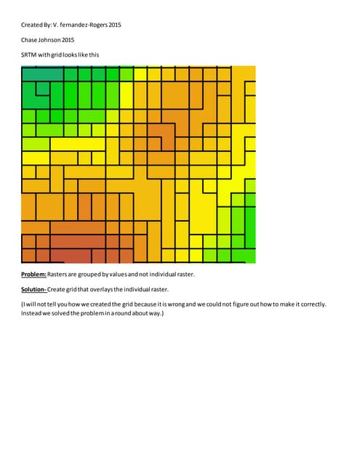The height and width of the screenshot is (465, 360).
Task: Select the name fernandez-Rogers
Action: coord(80,25)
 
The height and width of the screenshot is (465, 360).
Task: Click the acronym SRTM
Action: coord(29,55)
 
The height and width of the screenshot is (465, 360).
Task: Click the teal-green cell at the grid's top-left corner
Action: coord(41,73)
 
